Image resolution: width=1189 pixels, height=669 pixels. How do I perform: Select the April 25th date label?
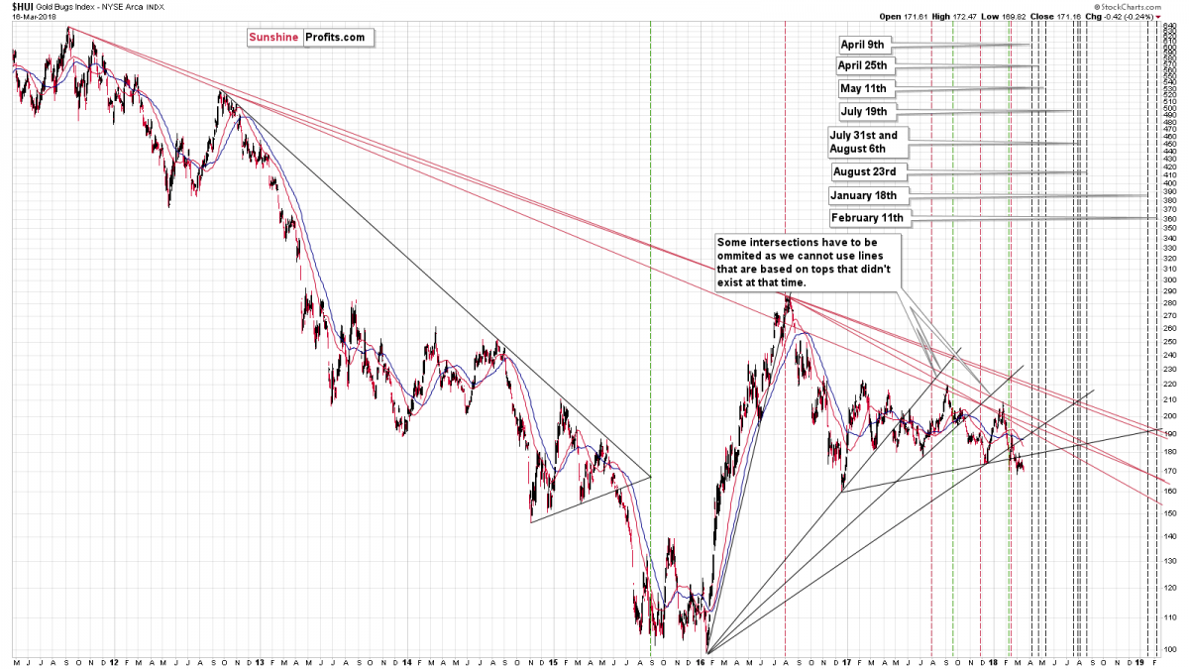866,66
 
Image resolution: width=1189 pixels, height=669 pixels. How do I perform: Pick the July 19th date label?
868,111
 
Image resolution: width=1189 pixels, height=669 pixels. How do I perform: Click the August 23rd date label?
865,171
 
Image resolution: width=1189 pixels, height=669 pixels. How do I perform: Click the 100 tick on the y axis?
1170,649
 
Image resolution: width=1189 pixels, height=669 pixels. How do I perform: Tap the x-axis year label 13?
259,660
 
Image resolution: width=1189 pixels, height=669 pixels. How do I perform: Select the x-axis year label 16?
710,660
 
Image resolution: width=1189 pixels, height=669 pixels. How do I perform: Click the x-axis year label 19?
1140,660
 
